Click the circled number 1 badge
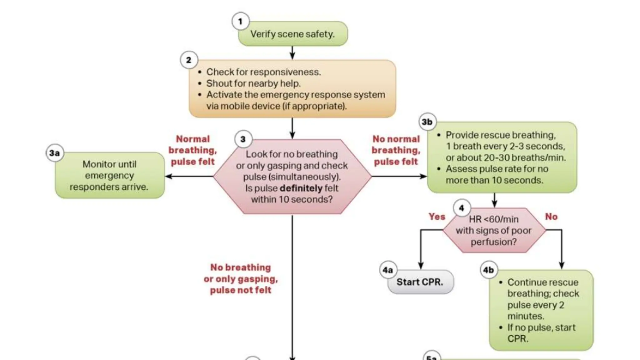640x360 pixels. [x=240, y=21]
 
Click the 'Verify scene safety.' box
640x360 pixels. [x=293, y=34]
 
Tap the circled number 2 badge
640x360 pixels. [x=189, y=60]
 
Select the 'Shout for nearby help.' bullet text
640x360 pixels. [x=253, y=83]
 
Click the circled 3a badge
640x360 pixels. [x=55, y=153]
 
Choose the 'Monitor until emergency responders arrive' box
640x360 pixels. [x=109, y=175]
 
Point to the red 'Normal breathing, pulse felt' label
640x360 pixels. [x=193, y=150]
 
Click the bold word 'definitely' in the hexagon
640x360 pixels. [x=301, y=188]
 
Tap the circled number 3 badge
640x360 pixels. [x=243, y=139]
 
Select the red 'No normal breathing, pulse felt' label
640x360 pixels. [x=396, y=150]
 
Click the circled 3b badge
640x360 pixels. [x=427, y=122]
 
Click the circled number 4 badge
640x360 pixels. [x=462, y=208]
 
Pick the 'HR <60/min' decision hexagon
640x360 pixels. [x=494, y=231]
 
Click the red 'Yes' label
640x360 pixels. [x=437, y=217]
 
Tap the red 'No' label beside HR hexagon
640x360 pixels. [x=551, y=217]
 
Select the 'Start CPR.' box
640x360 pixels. [x=420, y=282]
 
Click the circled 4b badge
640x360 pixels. [x=488, y=270]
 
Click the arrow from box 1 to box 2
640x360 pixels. [x=292, y=52]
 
